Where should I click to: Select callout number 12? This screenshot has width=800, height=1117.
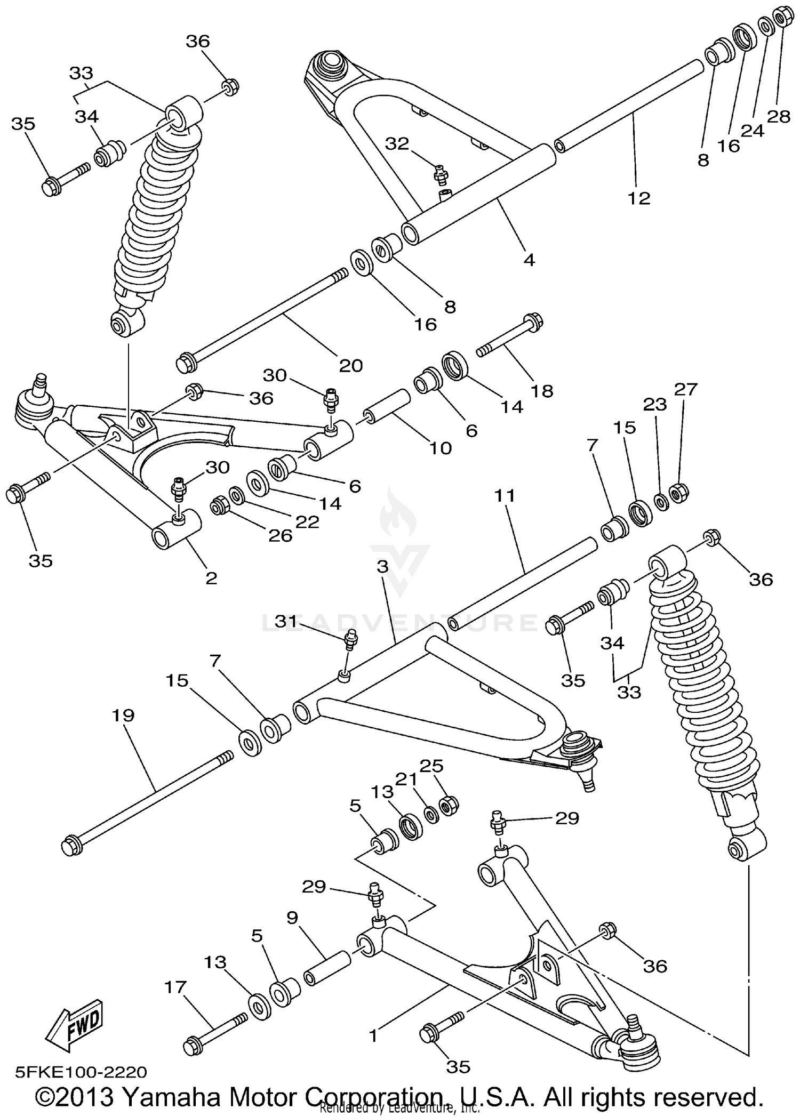tap(638, 198)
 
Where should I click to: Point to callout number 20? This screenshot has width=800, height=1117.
tap(350, 366)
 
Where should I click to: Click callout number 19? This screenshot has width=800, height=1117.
tap(123, 716)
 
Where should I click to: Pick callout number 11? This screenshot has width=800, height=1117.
tap(505, 496)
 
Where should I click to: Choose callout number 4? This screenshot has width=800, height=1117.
tap(529, 260)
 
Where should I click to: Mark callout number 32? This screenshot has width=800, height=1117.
tap(397, 143)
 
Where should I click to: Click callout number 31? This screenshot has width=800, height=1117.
tap(286, 621)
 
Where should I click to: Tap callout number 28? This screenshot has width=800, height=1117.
tap(778, 116)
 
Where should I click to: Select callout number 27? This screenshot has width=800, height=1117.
tap(686, 390)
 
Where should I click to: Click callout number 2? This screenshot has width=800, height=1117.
tap(211, 578)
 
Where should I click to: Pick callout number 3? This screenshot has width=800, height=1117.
tap(382, 567)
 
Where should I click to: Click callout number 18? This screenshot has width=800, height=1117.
tap(541, 391)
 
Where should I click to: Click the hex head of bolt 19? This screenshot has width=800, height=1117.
tap(71, 846)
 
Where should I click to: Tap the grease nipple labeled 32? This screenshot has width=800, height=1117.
tap(441, 173)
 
